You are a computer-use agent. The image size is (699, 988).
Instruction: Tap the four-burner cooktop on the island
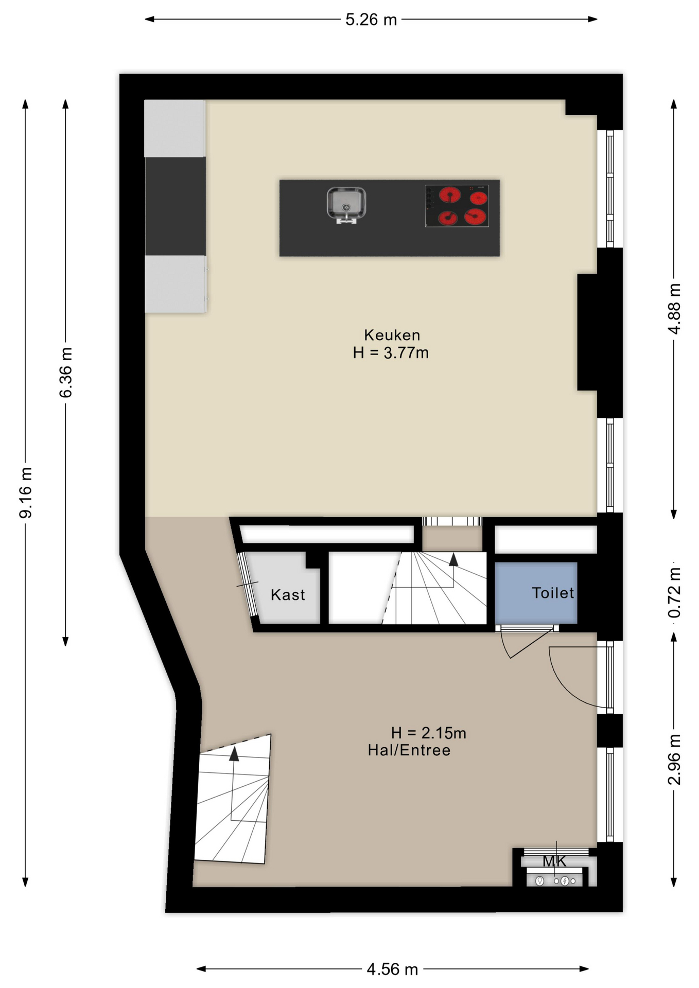pyautogui.click(x=457, y=206)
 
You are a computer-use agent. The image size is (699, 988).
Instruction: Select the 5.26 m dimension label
pyautogui.click(x=371, y=20)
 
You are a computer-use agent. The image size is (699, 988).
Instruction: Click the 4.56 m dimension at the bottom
pyautogui.click(x=392, y=969)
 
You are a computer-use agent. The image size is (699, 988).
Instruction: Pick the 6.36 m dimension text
pyautogui.click(x=66, y=372)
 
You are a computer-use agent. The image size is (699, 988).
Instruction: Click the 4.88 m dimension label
pyautogui.click(x=674, y=308)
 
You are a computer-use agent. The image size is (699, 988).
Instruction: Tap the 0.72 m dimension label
pyautogui.click(x=674, y=592)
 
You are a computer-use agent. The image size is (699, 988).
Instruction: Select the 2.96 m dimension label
pyautogui.click(x=674, y=760)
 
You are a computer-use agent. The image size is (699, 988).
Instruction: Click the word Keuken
pyautogui.click(x=392, y=335)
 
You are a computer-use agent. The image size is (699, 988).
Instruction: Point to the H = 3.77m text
pyautogui.click(x=391, y=353)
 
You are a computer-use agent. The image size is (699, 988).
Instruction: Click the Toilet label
pyautogui.click(x=552, y=593)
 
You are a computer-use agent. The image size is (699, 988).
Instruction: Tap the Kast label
pyautogui.click(x=288, y=595)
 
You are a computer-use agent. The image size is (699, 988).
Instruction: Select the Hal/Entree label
pyautogui.click(x=409, y=750)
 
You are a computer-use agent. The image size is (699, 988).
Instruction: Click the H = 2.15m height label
pyautogui.click(x=428, y=733)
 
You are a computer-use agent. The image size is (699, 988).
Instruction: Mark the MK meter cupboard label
pyautogui.click(x=554, y=861)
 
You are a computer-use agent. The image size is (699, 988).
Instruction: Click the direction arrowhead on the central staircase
pyautogui.click(x=453, y=559)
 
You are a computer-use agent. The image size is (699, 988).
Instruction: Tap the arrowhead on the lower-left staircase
pyautogui.click(x=234, y=754)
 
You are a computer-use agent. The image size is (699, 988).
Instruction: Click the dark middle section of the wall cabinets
pyautogui.click(x=175, y=206)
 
